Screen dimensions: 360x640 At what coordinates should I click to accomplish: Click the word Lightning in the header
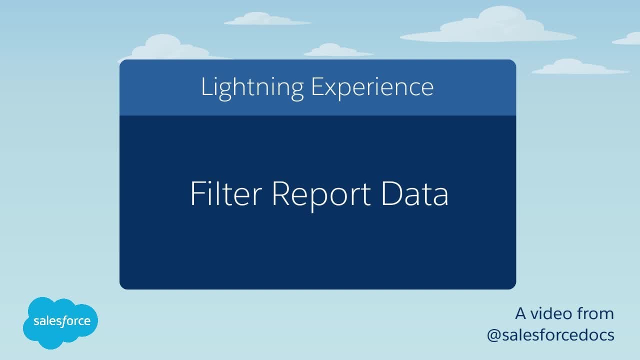pos(252,87)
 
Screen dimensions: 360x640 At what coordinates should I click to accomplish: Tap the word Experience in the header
pos(372,87)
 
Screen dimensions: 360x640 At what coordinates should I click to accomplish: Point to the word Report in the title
pos(321,195)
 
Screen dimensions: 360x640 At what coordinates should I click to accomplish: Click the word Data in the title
pos(414,194)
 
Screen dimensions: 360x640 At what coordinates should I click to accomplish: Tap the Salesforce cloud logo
pos(60,322)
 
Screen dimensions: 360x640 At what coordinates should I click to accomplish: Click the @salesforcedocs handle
pos(550,334)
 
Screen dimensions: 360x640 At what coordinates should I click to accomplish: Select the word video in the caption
pos(551,313)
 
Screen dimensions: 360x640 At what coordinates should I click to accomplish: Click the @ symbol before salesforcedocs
pos(495,335)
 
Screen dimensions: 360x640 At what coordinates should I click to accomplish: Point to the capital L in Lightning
pos(204,87)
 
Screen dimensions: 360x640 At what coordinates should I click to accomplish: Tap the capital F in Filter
pos(196,194)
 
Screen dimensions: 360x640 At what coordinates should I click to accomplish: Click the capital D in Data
pos(391,194)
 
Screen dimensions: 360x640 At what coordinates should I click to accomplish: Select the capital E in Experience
pos(316,87)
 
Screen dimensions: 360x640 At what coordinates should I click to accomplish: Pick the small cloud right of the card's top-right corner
pos(575,67)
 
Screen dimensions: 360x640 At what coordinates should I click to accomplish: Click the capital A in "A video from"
pos(521,313)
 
